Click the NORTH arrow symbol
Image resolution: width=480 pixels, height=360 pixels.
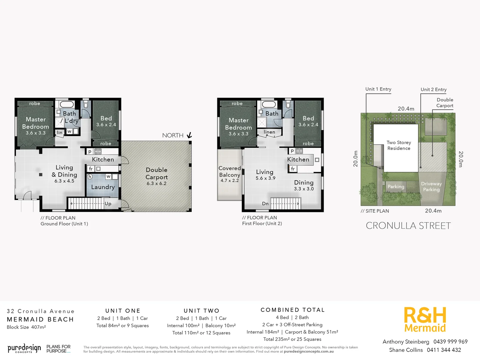pyautogui.click(x=189, y=135)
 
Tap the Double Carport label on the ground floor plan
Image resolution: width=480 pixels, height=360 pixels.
pyautogui.click(x=157, y=174)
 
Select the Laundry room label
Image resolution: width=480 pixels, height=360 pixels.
pyautogui.click(x=103, y=187)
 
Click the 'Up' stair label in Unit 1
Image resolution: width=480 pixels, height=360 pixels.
pyautogui.click(x=108, y=204)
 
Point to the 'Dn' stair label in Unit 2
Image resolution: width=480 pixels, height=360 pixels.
pyautogui.click(x=265, y=204)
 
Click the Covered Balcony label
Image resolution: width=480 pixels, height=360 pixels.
pyautogui.click(x=230, y=172)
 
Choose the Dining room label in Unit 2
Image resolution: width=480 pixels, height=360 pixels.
pyautogui.click(x=304, y=183)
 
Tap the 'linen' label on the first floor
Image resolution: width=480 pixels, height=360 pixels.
pyautogui.click(x=269, y=132)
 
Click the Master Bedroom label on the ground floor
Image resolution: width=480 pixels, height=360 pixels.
pyautogui.click(x=36, y=123)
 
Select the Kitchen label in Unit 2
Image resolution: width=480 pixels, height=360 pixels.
pyautogui.click(x=298, y=160)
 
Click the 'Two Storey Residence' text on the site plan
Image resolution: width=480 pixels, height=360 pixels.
pyautogui.click(x=399, y=145)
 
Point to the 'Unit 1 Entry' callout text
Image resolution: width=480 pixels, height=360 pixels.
pyautogui.click(x=378, y=89)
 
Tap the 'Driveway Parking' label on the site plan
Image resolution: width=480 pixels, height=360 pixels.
pyautogui.click(x=431, y=187)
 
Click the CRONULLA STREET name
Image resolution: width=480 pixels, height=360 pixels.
pyautogui.click(x=408, y=226)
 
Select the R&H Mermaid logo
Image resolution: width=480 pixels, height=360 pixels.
pyautogui.click(x=425, y=320)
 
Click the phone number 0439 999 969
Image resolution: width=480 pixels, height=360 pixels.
pyautogui.click(x=450, y=342)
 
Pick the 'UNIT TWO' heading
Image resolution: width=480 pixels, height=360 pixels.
pyautogui.click(x=201, y=311)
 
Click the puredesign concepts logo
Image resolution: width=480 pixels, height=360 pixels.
pyautogui.click(x=24, y=349)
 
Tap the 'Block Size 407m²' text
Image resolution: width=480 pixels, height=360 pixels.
pyautogui.click(x=26, y=327)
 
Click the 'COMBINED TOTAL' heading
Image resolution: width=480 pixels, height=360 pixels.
pyautogui.click(x=292, y=310)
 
